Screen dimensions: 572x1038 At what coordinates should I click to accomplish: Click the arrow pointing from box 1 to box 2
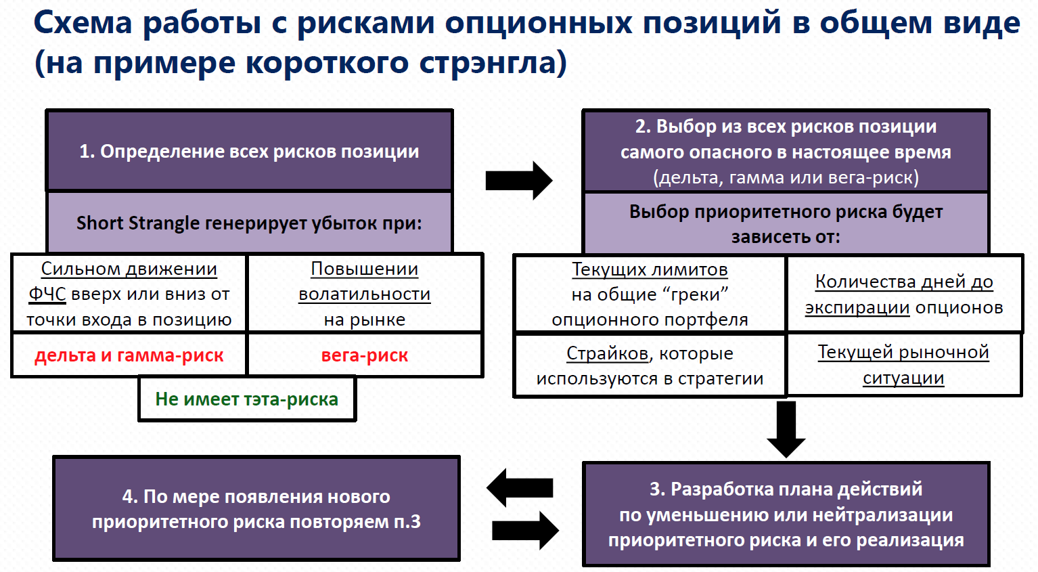click(519, 181)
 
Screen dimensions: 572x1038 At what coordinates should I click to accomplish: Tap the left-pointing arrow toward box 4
click(519, 487)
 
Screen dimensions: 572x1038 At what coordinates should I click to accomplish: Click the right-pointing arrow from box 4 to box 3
click(526, 530)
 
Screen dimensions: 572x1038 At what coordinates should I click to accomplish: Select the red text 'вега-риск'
click(365, 355)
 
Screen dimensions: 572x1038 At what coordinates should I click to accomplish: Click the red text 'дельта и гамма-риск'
click(129, 355)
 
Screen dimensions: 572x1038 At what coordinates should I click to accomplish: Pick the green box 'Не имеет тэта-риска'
click(247, 399)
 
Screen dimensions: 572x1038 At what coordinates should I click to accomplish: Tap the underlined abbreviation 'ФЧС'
click(47, 294)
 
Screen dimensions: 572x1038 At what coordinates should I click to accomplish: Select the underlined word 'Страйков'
click(607, 353)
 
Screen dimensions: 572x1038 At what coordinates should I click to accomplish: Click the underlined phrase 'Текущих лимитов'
click(650, 269)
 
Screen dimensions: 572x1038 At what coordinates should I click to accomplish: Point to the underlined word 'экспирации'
click(857, 307)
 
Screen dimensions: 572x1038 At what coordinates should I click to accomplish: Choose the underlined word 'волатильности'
click(364, 294)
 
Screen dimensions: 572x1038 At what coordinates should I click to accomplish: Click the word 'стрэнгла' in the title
click(493, 63)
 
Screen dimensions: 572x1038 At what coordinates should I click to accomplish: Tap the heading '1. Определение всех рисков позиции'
click(249, 151)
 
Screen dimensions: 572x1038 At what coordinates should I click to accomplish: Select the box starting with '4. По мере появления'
click(256, 508)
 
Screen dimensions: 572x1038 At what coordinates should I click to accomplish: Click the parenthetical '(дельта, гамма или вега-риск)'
click(786, 177)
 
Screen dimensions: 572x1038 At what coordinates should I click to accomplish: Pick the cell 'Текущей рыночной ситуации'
click(903, 365)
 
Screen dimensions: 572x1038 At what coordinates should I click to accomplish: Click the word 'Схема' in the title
click(83, 22)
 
